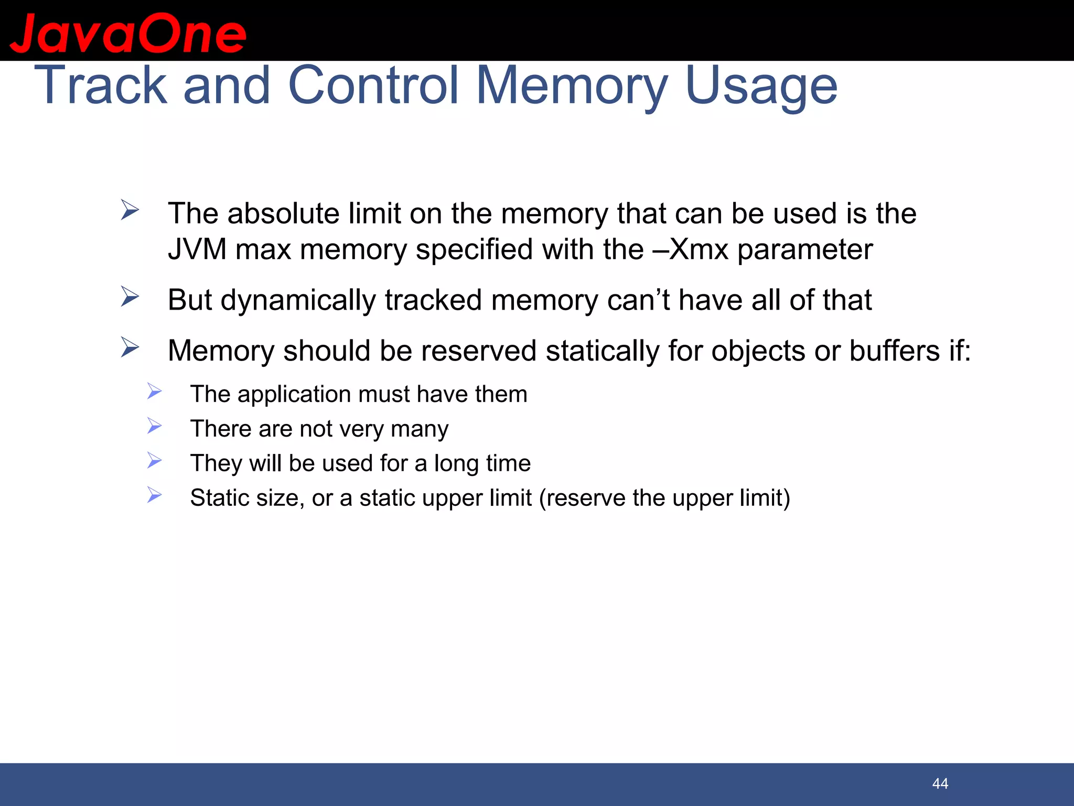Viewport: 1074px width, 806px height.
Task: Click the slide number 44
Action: (940, 783)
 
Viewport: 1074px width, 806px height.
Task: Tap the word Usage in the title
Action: (761, 86)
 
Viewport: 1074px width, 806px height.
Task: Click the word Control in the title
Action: (373, 86)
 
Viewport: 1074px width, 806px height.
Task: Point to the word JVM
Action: (197, 249)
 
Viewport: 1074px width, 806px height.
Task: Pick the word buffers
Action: (895, 351)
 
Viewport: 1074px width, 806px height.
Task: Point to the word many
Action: (420, 429)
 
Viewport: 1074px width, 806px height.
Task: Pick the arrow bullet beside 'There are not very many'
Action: (154, 426)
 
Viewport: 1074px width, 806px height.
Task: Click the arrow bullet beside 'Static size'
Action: (154, 495)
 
